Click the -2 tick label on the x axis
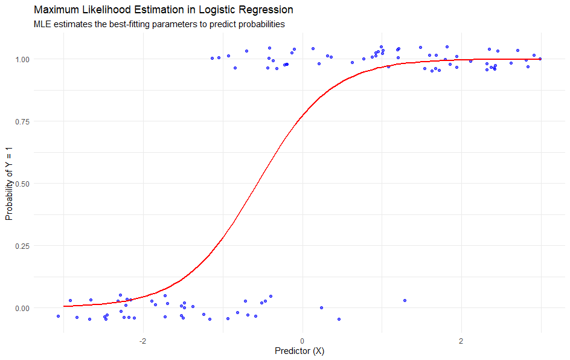tap(142, 339)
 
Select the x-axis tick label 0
tap(302, 339)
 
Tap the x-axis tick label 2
tap(461, 339)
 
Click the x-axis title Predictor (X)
tap(299, 351)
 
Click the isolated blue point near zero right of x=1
tap(405, 300)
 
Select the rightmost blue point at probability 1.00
tap(540, 59)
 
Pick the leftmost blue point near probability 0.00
tap(58, 316)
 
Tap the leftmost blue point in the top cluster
tap(212, 58)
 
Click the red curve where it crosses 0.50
tap(254, 184)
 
